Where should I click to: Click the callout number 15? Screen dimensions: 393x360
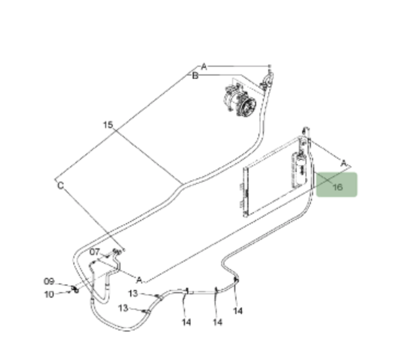pos(108,125)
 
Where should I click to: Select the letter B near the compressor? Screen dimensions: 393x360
pos(195,76)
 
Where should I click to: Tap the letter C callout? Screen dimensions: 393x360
pos(60,185)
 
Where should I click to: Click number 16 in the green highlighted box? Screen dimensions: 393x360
pos(338,187)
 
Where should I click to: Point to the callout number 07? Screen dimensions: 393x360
pos(95,252)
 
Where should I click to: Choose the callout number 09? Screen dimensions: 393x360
pos(49,281)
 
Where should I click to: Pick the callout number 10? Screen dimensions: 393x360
pos(49,294)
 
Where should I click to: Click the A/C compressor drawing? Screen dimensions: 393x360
pos(240,100)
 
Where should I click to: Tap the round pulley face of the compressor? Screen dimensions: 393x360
pos(247,107)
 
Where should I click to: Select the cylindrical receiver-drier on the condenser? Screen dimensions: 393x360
pos(300,169)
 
